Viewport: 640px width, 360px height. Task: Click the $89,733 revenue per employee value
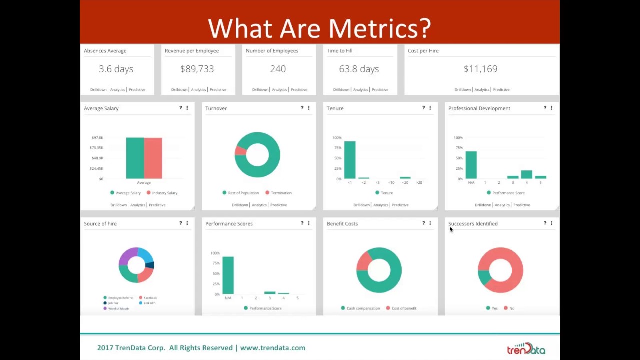click(197, 69)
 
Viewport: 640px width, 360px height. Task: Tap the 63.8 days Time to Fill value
click(359, 69)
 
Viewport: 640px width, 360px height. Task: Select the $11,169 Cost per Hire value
click(480, 69)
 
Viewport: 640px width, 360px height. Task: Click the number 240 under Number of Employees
click(278, 69)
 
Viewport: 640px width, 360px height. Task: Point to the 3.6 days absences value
click(116, 69)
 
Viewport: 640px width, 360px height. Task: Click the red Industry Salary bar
click(153, 158)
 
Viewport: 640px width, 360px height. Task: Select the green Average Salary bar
click(135, 158)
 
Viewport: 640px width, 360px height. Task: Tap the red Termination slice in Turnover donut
click(240, 150)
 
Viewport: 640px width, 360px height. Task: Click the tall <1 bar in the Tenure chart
click(349, 160)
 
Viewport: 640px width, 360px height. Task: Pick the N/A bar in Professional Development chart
click(471, 165)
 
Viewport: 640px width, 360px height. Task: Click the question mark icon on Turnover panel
click(302, 108)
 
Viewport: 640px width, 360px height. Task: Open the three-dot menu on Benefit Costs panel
click(430, 223)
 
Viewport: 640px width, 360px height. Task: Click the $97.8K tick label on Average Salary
click(97, 138)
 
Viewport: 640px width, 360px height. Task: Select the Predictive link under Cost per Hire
click(501, 90)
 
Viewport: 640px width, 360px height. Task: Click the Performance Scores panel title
click(229, 224)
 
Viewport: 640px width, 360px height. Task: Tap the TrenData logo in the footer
click(526, 348)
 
